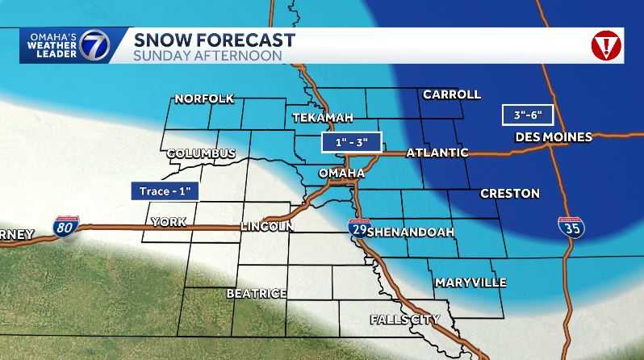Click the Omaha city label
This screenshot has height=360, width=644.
pyautogui.click(x=341, y=173)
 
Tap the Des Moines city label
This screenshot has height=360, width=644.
pyautogui.click(x=554, y=137)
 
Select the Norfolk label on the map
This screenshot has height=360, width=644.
pyautogui.click(x=204, y=99)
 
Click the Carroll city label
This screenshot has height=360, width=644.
pyautogui.click(x=451, y=94)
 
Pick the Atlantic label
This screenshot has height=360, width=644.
pyautogui.click(x=437, y=153)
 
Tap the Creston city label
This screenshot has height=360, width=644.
pyautogui.click(x=509, y=194)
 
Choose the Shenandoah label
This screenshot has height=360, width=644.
pyautogui.click(x=412, y=232)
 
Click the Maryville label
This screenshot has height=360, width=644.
pyautogui.click(x=470, y=283)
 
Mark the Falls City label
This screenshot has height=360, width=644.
pyautogui.click(x=405, y=320)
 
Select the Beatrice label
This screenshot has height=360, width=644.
pyautogui.click(x=257, y=294)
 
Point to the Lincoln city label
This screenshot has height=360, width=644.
pyautogui.click(x=266, y=227)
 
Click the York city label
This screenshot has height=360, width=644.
pyautogui.click(x=168, y=221)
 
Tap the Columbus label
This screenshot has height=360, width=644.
pyautogui.click(x=201, y=153)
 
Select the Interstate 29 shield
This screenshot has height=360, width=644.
pyautogui.click(x=359, y=228)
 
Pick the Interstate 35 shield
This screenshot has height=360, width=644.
pyautogui.click(x=571, y=227)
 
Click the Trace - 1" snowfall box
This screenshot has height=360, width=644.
pyautogui.click(x=165, y=191)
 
